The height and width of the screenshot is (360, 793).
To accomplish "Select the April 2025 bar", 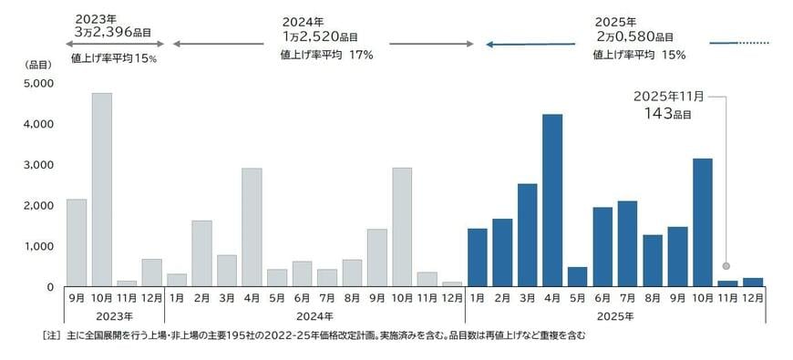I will coord(552,201).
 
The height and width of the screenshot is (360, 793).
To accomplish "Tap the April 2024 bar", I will coord(252,227).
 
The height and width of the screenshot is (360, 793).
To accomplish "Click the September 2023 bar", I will coord(77,242).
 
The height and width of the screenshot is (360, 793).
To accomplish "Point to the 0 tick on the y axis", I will coord(50,287).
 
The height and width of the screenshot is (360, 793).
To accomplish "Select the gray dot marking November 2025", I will coord(727,266).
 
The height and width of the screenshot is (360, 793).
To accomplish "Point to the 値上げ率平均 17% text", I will coord(327,55).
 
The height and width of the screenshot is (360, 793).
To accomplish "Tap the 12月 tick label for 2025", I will coord(753,298).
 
